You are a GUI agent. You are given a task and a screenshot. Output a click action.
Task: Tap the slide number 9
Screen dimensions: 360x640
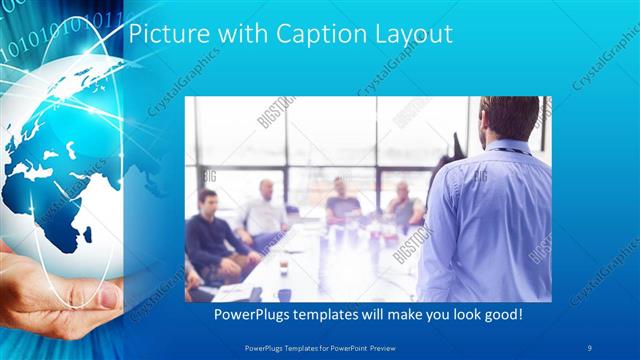(x=590, y=346)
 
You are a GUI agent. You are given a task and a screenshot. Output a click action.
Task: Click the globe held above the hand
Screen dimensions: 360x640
(x=60, y=160)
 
